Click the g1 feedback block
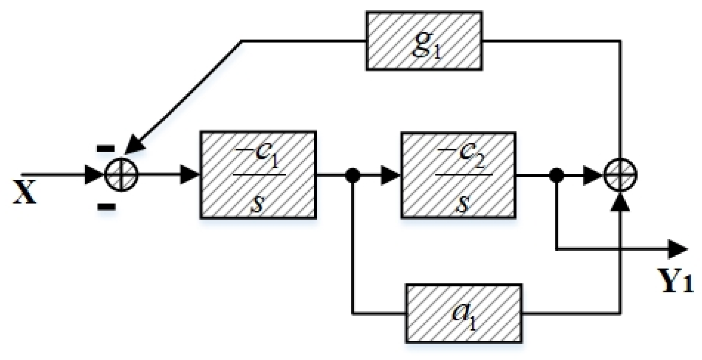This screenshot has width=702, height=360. [424, 41]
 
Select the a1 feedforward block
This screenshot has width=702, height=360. [464, 313]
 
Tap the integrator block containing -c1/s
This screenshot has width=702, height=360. [258, 175]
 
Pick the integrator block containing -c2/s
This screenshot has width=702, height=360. [458, 175]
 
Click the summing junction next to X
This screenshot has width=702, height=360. [121, 175]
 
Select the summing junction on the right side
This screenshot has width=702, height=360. [621, 175]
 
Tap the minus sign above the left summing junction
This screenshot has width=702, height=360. [105, 148]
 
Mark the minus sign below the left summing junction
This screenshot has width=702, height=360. [106, 206]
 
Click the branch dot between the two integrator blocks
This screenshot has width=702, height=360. [352, 175]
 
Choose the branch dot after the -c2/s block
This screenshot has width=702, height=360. [556, 175]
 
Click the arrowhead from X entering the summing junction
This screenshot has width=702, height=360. [94, 175]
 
